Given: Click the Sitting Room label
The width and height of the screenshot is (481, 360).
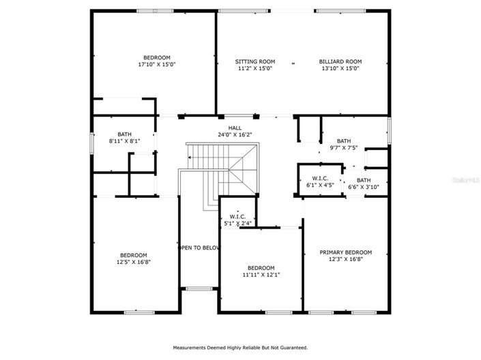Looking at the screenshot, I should (254, 61).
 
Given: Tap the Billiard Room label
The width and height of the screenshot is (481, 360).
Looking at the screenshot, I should (340, 61).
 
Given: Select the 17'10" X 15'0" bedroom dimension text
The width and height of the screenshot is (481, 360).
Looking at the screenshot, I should (156, 65).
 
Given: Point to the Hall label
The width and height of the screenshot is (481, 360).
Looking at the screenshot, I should (235, 127).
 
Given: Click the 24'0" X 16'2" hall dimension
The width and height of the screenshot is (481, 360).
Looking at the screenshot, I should (235, 134).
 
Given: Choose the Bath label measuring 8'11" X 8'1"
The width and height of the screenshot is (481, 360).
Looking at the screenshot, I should (124, 134).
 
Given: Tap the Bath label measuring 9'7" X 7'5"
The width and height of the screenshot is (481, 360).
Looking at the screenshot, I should (343, 140).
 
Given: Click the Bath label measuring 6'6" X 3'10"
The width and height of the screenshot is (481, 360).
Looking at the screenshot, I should (364, 180).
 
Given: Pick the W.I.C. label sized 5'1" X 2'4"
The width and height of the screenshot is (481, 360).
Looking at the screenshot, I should (237, 217).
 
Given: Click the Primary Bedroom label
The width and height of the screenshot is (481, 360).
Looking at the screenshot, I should (346, 252).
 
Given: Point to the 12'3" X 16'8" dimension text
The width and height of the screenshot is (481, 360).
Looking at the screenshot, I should (346, 259).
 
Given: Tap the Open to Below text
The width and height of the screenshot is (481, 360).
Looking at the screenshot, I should (199, 247).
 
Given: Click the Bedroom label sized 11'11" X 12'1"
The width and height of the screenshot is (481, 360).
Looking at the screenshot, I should (261, 267).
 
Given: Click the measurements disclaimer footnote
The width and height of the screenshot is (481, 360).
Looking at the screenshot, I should (239, 347).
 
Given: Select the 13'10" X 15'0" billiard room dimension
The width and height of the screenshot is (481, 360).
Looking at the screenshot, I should (340, 68).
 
